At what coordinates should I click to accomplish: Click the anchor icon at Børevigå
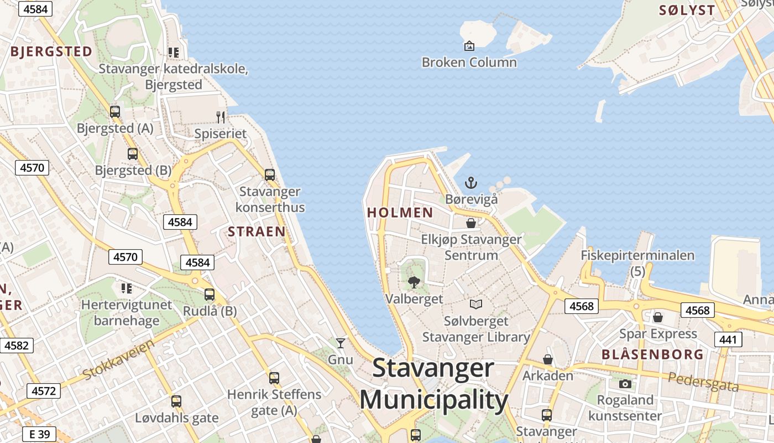[470, 183]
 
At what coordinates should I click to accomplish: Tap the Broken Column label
[469, 62]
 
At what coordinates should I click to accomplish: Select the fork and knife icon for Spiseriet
[221, 117]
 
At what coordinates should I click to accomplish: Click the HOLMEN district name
[400, 213]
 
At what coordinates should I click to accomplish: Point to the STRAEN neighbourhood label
[257, 232]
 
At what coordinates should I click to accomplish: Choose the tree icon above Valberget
[414, 283]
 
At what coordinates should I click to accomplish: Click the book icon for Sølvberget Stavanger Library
[476, 304]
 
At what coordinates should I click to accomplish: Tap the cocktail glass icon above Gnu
[341, 343]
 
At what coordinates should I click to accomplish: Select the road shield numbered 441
[728, 339]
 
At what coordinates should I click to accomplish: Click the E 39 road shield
[39, 435]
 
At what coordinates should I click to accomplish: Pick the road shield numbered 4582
[16, 346]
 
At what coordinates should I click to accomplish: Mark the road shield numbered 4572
[44, 391]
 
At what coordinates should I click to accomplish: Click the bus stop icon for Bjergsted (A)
[115, 111]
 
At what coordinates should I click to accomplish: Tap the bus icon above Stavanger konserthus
[270, 175]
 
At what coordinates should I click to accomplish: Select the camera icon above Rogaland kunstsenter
[625, 384]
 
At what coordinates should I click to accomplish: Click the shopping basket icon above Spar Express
[658, 317]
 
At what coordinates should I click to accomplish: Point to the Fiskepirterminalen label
[637, 256]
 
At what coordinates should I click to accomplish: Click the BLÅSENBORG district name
[652, 354]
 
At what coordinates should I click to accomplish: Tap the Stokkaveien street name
[118, 360]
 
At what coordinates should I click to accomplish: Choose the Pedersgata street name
[703, 382]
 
